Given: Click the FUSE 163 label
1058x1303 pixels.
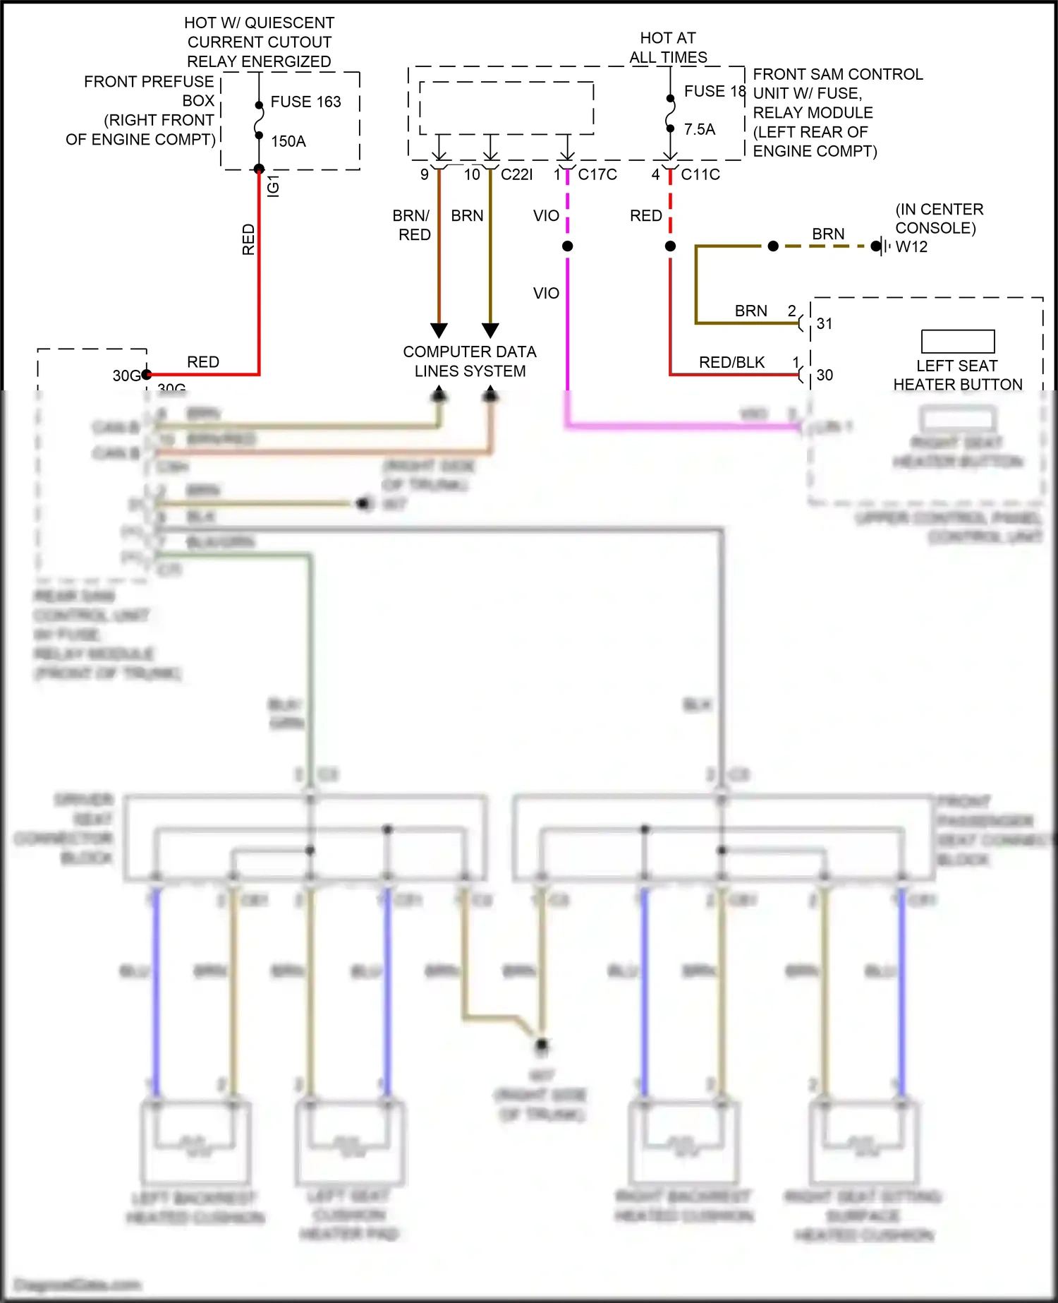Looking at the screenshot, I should [x=305, y=102].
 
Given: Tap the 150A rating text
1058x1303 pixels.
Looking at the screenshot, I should [x=288, y=141].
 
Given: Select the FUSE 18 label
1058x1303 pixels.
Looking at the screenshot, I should [x=714, y=91].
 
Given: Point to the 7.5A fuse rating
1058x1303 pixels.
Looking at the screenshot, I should [x=699, y=129].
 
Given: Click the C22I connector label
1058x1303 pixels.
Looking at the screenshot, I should [x=516, y=174].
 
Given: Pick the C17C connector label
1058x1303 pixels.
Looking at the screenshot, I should [x=597, y=174].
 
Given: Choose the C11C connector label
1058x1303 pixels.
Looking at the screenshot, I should [x=700, y=174].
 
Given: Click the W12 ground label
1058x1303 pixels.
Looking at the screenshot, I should [x=911, y=246].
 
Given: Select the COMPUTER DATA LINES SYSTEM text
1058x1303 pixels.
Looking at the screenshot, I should [x=470, y=361].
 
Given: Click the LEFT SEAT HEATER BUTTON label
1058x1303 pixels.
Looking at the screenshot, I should [x=957, y=375].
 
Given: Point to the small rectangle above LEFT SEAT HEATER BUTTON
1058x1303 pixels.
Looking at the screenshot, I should [x=958, y=342].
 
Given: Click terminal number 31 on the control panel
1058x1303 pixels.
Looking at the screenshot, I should [x=825, y=323].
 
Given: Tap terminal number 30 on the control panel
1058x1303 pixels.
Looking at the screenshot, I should [x=825, y=375].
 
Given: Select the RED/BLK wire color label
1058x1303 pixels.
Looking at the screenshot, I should [x=731, y=362].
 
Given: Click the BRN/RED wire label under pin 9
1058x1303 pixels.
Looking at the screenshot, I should [x=413, y=224].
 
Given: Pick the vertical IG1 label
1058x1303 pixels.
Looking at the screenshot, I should [x=274, y=186].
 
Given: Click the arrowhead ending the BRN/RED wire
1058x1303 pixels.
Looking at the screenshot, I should [x=439, y=330].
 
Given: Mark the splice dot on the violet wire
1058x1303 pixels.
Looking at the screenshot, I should [x=567, y=246].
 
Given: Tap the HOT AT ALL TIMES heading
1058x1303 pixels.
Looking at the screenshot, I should [x=667, y=47].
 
